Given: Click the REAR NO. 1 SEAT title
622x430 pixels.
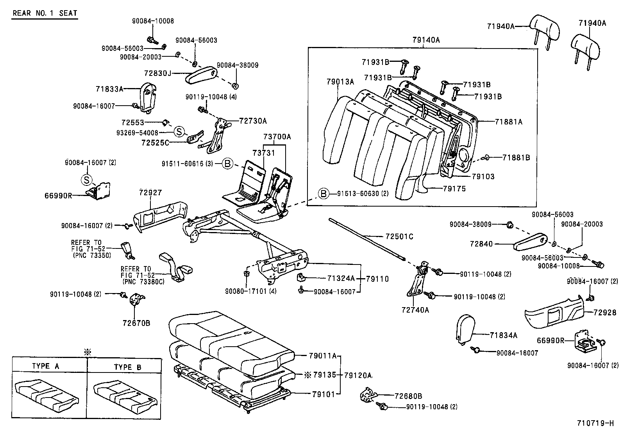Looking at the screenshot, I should coord(45,13).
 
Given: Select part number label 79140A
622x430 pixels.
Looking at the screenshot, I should coord(425,40).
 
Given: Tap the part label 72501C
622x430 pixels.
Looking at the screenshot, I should coord(399,237).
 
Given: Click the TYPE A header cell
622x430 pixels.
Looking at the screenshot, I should coord(45,366).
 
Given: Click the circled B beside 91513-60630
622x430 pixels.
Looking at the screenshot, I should coord(323,193).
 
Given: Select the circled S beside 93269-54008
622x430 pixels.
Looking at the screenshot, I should coord(179,131).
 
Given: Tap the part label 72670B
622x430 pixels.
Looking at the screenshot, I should coord(136,323).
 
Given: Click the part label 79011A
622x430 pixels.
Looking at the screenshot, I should coord(322,356).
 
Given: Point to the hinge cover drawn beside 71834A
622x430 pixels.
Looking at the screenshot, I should coord(465,329).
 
